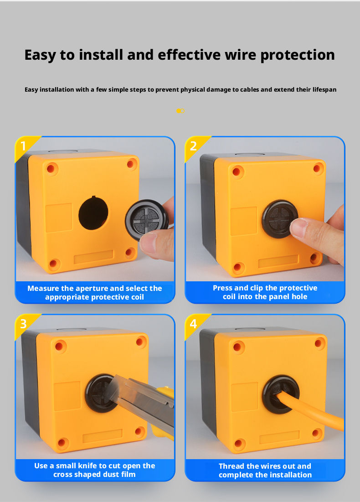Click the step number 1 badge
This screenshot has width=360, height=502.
tap(25, 147)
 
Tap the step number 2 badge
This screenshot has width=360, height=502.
tap(195, 147)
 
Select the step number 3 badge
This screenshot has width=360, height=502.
tap(25, 325)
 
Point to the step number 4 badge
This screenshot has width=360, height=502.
tap(195, 325)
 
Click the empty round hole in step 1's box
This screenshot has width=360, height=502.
tap(93, 213)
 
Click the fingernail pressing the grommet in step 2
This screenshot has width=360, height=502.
tap(298, 227)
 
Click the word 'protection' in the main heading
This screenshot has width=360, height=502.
tap(297, 55)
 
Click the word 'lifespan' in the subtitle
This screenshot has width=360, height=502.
tap(324, 90)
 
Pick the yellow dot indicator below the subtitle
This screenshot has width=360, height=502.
tap(179, 111)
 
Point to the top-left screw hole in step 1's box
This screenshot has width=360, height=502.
tap(51, 169)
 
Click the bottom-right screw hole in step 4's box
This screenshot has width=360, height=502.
tap(316, 434)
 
